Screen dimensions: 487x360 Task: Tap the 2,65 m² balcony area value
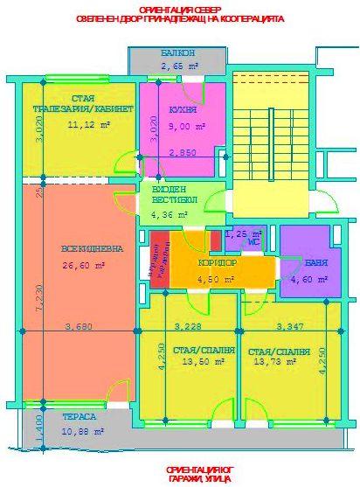(x=177, y=66)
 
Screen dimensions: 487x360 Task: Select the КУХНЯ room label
(x=183, y=112)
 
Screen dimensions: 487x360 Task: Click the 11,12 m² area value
(x=88, y=126)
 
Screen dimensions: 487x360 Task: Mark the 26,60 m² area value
(x=85, y=265)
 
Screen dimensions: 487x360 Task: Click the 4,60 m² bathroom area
(x=308, y=280)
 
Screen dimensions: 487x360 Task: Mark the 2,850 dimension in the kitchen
(x=182, y=153)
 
